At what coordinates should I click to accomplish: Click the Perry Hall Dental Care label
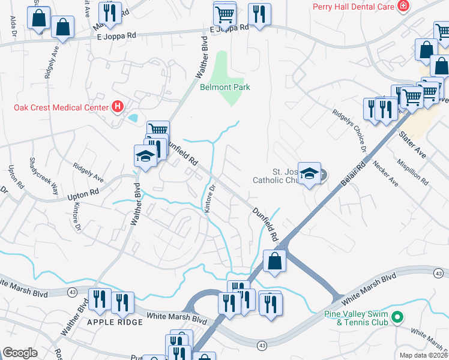coord(353,7)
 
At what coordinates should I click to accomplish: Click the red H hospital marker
coord(118,107)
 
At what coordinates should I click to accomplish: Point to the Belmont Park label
coord(224,87)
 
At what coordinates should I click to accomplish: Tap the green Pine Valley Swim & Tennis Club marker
coord(396,316)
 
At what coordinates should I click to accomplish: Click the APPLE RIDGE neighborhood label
coord(115,322)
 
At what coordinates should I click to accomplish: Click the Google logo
coord(20,353)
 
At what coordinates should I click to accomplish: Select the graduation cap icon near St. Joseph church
coord(309,174)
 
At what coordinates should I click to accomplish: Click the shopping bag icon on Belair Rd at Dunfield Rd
coord(274,262)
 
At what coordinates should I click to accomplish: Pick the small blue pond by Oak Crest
coord(133,116)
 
